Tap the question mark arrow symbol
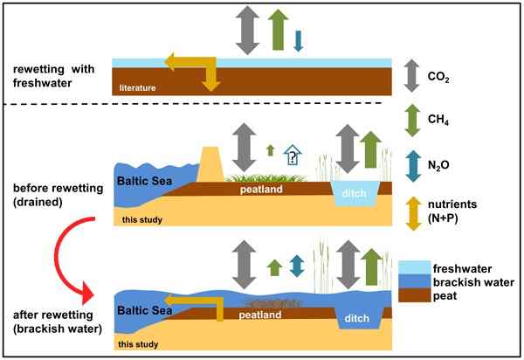(x=293, y=156)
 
